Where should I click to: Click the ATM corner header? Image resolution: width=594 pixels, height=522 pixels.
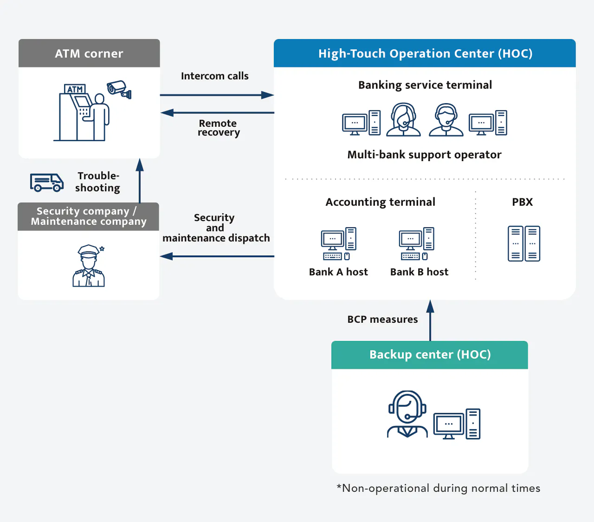click(x=89, y=53)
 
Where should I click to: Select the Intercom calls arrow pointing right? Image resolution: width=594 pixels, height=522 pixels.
click(x=217, y=95)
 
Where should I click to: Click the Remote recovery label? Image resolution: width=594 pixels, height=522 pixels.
click(x=218, y=128)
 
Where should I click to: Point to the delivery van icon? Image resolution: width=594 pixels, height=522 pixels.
click(x=46, y=183)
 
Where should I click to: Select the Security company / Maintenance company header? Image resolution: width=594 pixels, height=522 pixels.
click(x=88, y=216)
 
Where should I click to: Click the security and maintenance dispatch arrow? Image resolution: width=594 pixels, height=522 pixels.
click(x=217, y=256)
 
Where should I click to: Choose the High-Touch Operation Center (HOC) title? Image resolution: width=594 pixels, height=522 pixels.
click(x=425, y=53)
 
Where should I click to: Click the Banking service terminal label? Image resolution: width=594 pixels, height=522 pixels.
click(x=425, y=85)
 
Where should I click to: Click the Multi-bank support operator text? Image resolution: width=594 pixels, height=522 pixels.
click(x=424, y=155)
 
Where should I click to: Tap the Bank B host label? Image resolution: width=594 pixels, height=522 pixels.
click(x=419, y=272)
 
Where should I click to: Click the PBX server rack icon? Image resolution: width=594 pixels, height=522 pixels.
click(x=524, y=244)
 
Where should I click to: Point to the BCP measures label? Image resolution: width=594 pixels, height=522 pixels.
click(x=382, y=320)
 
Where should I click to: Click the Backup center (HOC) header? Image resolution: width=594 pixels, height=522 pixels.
click(x=430, y=355)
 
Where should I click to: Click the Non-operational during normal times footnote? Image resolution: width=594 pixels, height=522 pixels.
click(x=438, y=488)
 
